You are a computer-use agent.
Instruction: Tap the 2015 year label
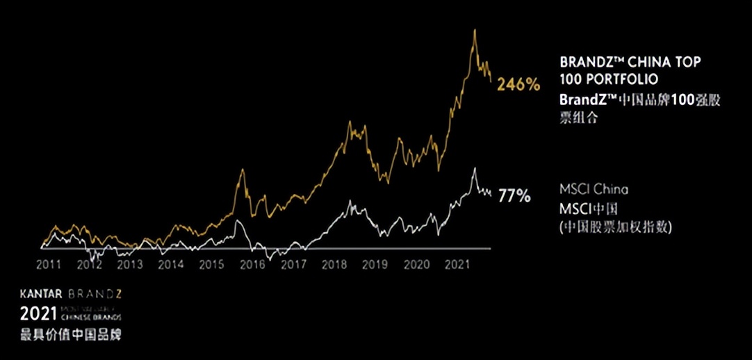click(x=211, y=264)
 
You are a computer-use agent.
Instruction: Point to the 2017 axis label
click(x=293, y=264)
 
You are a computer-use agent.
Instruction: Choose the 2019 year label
click(x=375, y=264)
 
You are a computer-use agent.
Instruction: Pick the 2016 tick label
click(x=252, y=264)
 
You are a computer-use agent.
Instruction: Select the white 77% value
click(x=514, y=196)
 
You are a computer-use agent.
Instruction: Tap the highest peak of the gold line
click(x=474, y=30)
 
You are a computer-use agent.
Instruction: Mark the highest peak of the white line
click(x=474, y=168)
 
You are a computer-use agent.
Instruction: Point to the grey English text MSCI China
click(x=594, y=189)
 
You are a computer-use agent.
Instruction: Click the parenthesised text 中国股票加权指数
click(x=617, y=227)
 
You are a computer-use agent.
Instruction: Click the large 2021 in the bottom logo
click(x=35, y=311)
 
